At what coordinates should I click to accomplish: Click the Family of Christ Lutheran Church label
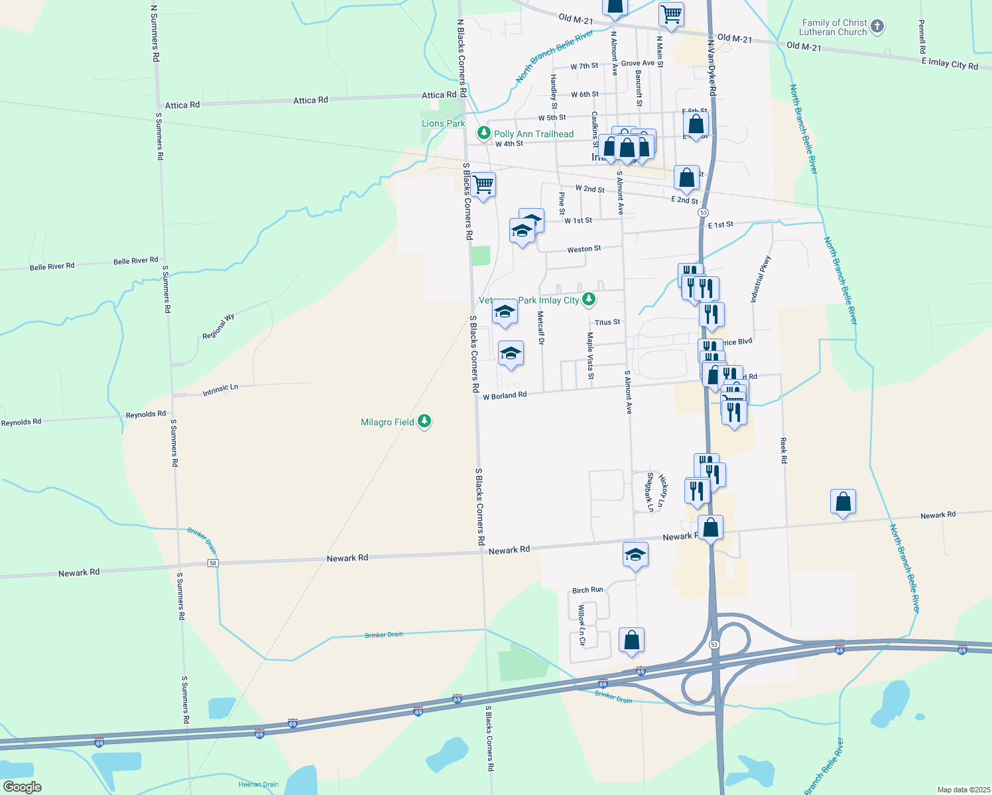(x=833, y=27)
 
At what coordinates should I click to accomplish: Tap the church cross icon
(x=877, y=26)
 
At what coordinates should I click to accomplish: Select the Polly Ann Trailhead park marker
(x=484, y=133)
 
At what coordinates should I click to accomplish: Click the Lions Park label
(x=443, y=123)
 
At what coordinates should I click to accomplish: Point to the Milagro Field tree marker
(x=425, y=421)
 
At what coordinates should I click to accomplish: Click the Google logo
(x=23, y=787)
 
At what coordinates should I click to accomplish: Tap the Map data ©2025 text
(x=963, y=790)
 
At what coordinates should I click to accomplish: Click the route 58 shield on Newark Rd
(x=212, y=563)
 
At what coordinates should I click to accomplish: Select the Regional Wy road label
(x=218, y=327)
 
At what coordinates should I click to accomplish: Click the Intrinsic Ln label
(x=220, y=390)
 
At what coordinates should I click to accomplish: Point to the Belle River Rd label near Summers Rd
(x=136, y=261)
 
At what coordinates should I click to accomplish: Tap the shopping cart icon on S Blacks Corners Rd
(x=483, y=184)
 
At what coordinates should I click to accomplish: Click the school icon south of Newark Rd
(x=635, y=555)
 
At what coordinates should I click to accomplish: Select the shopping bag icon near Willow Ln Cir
(x=632, y=639)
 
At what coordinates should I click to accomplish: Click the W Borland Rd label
(x=505, y=396)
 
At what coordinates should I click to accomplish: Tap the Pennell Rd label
(x=922, y=37)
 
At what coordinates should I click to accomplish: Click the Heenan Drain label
(x=259, y=784)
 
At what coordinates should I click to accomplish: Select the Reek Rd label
(x=784, y=450)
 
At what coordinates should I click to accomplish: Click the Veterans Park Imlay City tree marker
(x=588, y=300)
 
